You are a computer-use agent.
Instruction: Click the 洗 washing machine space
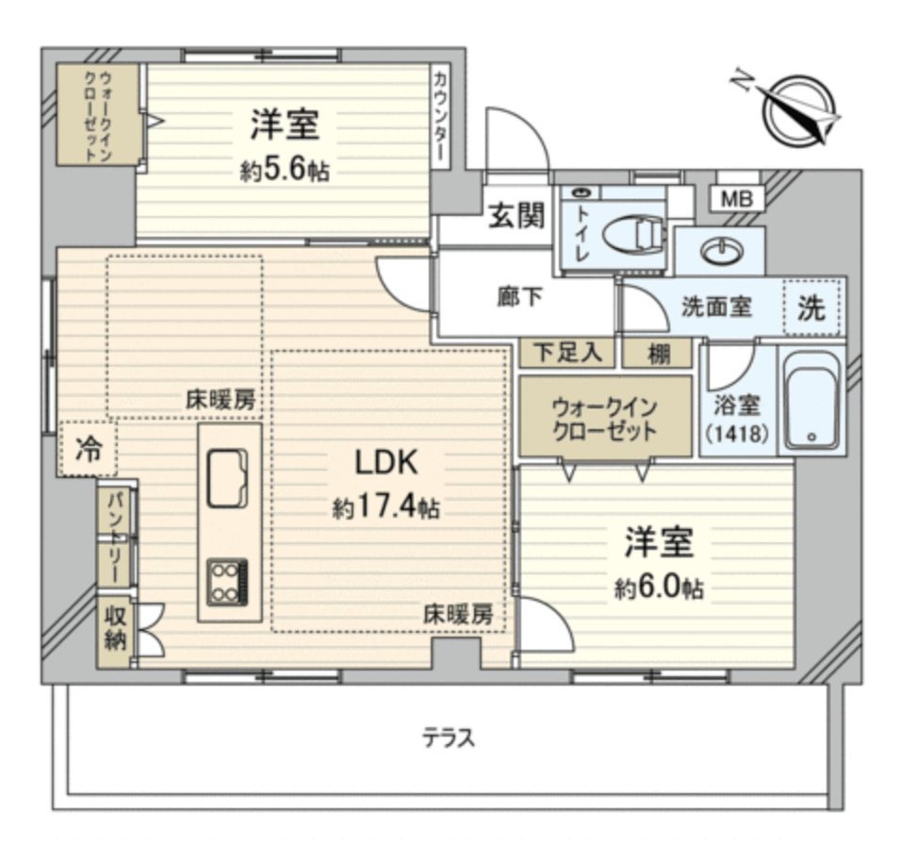click(811, 308)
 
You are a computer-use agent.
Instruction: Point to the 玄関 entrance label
click(516, 218)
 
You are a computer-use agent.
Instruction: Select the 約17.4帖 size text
click(385, 509)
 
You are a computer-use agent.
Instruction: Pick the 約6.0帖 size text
click(659, 589)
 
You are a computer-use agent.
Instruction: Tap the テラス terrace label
click(448, 738)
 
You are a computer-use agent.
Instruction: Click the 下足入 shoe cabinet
click(567, 353)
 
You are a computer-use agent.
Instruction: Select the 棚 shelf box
click(659, 353)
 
